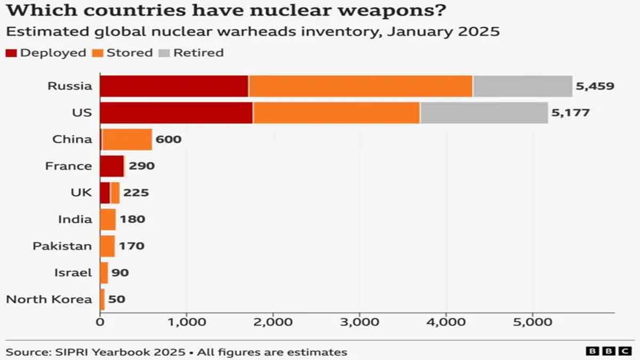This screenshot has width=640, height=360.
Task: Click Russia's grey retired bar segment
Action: point(522,86)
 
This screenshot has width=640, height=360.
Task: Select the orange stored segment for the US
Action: point(337,113)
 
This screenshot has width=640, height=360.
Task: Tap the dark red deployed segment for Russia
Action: point(174,86)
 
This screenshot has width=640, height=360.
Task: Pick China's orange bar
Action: point(127,139)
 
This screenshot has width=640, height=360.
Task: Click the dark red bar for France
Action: point(111,166)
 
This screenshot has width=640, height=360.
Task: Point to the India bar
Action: point(108,219)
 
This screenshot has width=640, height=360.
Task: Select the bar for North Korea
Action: point(102,299)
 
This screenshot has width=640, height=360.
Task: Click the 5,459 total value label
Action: point(595,86)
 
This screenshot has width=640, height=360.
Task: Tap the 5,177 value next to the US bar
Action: point(570,113)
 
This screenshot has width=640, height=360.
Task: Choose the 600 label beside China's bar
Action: point(169,139)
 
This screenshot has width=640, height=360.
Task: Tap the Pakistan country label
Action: point(62,246)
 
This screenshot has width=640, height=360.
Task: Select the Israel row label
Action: point(73,273)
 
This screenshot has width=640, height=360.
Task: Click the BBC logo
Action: point(608,350)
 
